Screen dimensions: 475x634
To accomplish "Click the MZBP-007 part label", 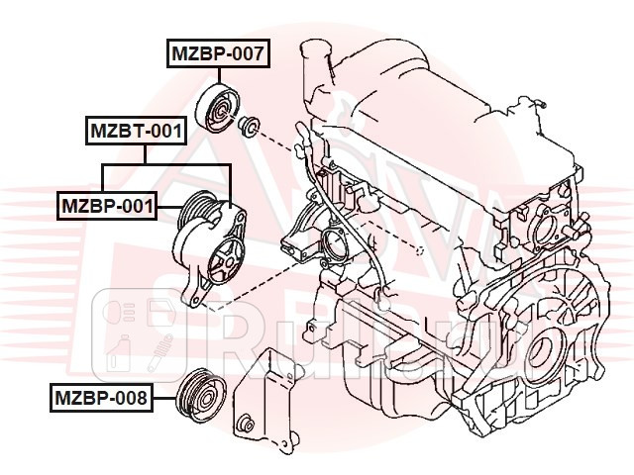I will click(216, 55).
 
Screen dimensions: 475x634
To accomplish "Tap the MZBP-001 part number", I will click(107, 205).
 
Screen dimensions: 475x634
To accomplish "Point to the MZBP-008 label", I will click(102, 399).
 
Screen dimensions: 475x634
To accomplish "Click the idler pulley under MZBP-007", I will click(218, 107).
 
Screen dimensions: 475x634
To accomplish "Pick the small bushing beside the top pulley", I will click(250, 126).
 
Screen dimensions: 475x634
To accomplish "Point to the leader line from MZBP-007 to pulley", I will click(216, 76).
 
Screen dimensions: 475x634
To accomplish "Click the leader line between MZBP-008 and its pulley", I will click(163, 399).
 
